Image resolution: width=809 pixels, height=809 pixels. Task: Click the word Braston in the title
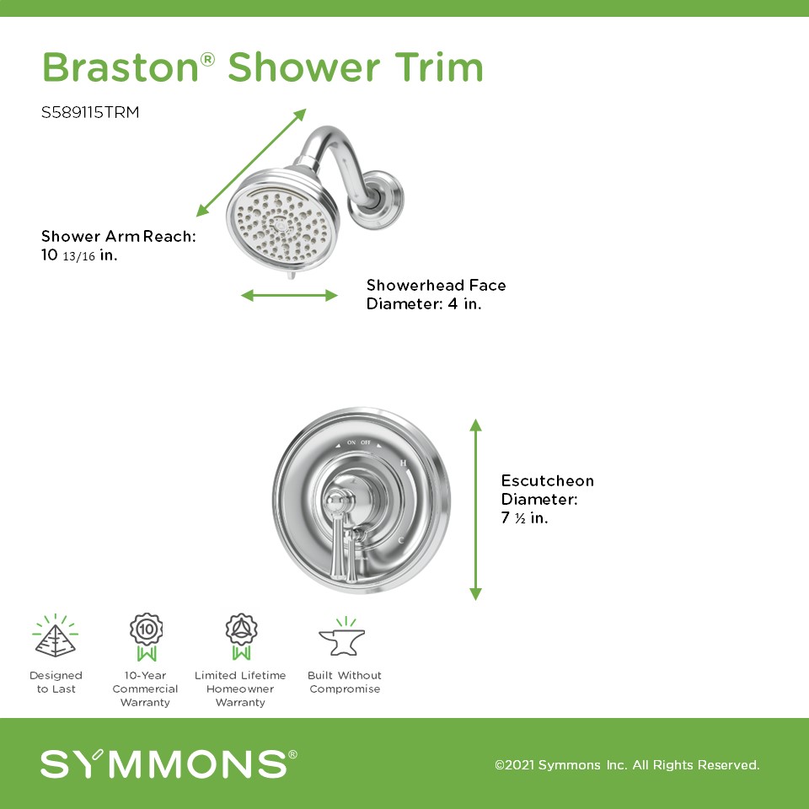click(x=121, y=67)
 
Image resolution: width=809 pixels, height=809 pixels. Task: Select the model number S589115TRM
click(x=90, y=112)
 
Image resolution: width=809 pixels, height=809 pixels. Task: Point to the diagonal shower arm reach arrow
click(x=251, y=163)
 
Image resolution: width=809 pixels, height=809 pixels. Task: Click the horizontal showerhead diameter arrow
click(x=289, y=296)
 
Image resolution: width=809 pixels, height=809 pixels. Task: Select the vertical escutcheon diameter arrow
click(x=475, y=510)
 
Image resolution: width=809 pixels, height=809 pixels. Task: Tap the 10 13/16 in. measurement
click(x=79, y=254)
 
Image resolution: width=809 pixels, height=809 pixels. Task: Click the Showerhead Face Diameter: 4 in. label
click(x=436, y=294)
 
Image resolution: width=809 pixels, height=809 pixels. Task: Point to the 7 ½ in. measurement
click(x=525, y=518)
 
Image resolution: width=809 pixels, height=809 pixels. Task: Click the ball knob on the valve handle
click(x=337, y=501)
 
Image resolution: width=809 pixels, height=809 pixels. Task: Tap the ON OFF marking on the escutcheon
click(x=359, y=442)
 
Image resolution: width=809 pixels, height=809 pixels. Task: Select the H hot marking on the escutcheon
click(x=404, y=463)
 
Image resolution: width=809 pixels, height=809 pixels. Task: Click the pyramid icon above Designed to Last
click(x=56, y=636)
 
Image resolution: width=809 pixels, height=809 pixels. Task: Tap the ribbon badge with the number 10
click(x=147, y=637)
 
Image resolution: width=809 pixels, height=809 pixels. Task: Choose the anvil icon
click(x=342, y=638)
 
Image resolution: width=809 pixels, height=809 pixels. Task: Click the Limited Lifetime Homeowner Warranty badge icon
click(x=241, y=637)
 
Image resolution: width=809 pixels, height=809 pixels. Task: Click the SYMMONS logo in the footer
click(x=169, y=764)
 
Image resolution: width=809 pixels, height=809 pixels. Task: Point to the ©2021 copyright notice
click(x=627, y=764)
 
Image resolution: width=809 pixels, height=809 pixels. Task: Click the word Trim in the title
click(x=439, y=67)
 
